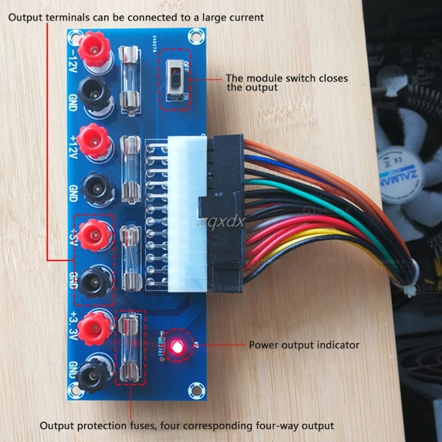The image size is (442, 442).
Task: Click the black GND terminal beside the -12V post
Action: coord(94,93)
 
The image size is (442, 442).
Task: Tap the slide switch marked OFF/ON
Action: coord(176,80)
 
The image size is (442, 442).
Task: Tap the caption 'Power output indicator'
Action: coord(304,345)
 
